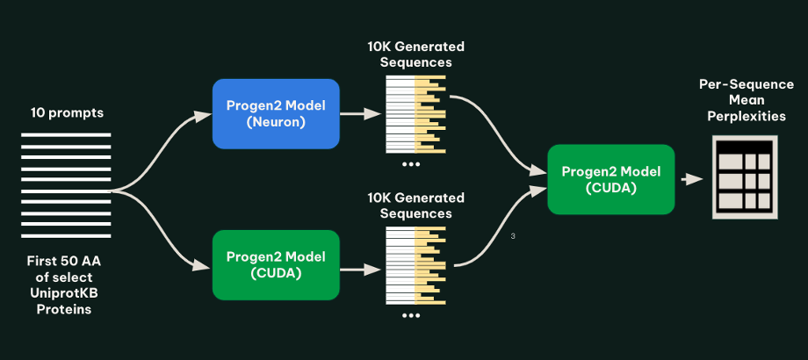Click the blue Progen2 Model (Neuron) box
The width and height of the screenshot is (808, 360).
[276, 114]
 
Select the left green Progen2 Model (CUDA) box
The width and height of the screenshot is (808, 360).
[276, 264]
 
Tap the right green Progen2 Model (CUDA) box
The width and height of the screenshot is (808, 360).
[610, 179]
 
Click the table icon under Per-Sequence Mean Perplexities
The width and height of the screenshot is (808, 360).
[745, 177]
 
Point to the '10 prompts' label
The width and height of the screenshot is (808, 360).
[67, 112]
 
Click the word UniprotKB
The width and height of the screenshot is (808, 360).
[64, 293]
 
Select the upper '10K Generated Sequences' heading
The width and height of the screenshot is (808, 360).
[415, 54]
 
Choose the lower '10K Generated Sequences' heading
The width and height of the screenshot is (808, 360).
[415, 205]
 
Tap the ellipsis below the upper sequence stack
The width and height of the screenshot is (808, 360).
[411, 164]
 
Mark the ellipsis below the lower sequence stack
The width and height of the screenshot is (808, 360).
[411, 315]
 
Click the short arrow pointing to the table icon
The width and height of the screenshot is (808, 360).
[692, 179]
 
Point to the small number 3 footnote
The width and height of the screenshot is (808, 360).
[513, 236]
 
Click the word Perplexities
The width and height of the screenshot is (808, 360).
[747, 117]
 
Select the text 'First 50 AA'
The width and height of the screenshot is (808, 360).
[64, 261]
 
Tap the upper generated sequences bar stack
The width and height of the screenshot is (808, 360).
[415, 114]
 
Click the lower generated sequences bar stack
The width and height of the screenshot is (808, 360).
[415, 265]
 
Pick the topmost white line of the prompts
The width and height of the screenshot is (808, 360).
[66, 135]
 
